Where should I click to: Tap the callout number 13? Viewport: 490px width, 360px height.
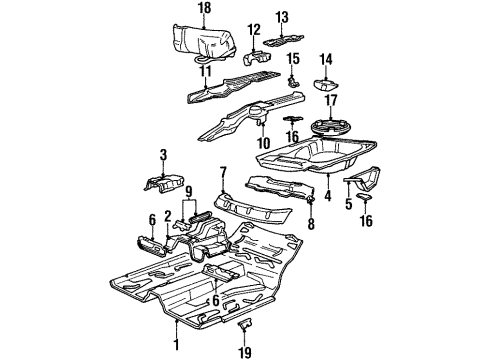point(282,17)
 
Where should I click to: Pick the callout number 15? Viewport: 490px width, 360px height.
point(294,60)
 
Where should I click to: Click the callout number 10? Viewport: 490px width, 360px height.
point(264,143)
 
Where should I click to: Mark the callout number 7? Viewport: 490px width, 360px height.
point(224,171)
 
